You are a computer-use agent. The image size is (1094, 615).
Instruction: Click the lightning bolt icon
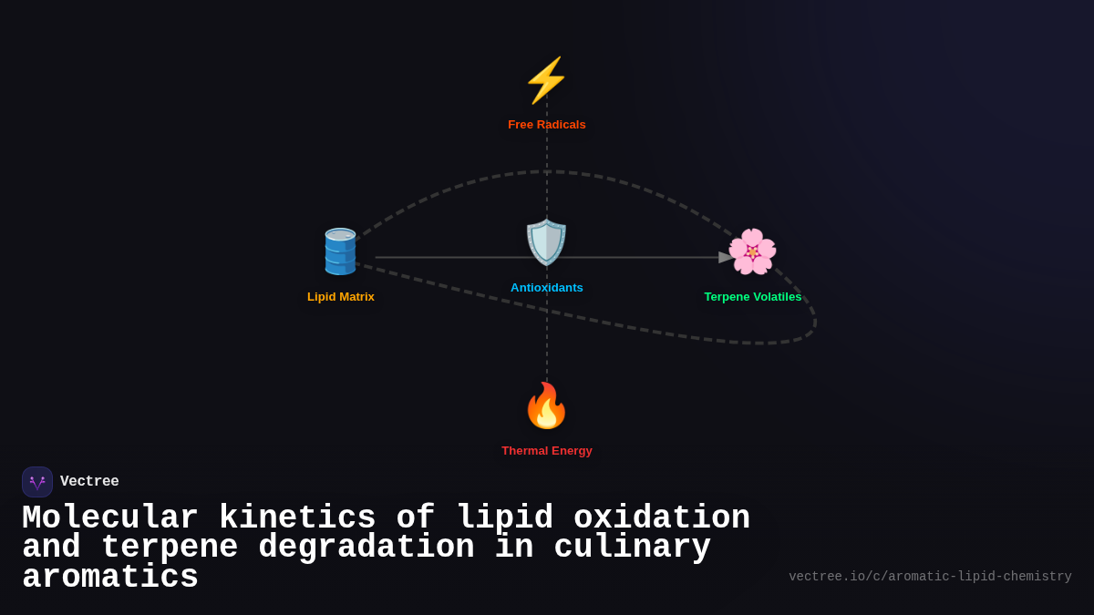coord(546,80)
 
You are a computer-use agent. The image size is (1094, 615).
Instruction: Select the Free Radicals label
coord(546,125)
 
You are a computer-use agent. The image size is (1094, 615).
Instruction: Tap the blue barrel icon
coord(340,251)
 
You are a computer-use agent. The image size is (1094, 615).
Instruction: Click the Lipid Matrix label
coord(340,297)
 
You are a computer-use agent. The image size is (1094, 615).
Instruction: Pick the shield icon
coord(546,242)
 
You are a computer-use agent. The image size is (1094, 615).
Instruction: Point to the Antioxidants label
coord(546,288)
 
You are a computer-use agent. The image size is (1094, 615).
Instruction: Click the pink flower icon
coord(752,251)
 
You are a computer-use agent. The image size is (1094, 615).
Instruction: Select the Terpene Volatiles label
coord(752,297)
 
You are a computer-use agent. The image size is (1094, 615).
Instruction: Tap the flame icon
coord(546,405)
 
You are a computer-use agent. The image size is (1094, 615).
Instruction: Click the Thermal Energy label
coord(546,451)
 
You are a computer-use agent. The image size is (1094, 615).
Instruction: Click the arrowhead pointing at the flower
coord(726,258)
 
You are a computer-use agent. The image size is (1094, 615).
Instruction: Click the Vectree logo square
coord(37,482)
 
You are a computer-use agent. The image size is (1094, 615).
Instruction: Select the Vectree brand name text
coord(89,482)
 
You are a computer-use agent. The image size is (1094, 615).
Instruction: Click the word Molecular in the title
coord(109,518)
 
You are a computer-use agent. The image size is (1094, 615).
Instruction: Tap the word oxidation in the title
coord(661,518)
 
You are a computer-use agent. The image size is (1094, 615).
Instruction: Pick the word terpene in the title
coord(169,548)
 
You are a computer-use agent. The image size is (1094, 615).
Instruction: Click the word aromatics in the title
coord(109,578)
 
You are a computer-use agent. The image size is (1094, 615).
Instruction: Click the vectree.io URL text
coord(930,577)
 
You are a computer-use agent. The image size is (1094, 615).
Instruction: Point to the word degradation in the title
coord(366,548)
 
